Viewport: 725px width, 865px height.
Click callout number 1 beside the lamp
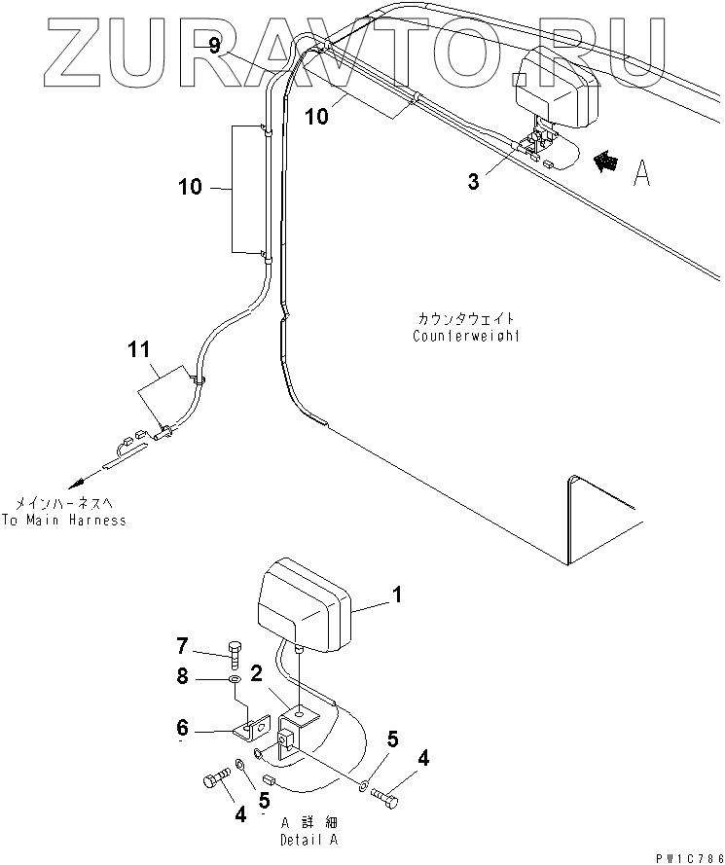tap(397, 595)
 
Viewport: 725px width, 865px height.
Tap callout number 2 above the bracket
tap(257, 673)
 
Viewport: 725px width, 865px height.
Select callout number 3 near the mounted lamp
tap(473, 182)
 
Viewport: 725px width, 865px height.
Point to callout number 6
tap(183, 727)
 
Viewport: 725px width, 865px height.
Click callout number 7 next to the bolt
tap(183, 645)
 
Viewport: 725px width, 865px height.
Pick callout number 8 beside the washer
tap(183, 675)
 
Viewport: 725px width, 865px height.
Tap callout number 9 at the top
tap(215, 45)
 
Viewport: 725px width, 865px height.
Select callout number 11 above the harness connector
tap(138, 349)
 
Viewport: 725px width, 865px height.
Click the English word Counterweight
tap(466, 336)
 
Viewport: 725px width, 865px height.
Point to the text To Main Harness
tap(64, 520)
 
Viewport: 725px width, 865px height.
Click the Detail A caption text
tap(309, 840)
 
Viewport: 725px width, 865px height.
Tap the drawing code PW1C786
tap(689, 859)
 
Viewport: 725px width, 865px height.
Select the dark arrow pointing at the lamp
tap(606, 162)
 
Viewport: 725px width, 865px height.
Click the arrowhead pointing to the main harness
tap(77, 483)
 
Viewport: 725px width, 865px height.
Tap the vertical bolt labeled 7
tap(234, 655)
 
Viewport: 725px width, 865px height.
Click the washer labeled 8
tap(235, 678)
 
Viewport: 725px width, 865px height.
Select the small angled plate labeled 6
tap(251, 727)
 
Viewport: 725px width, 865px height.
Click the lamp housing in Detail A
tap(304, 603)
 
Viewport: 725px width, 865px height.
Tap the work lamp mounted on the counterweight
tap(557, 88)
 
